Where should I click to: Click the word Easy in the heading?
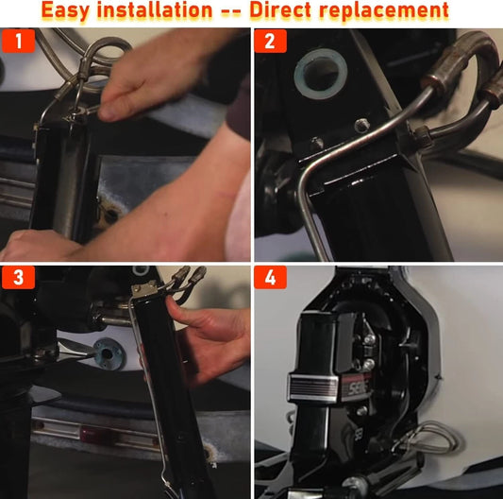click(66, 10)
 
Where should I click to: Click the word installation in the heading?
click(155, 9)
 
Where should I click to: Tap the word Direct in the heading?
click(280, 9)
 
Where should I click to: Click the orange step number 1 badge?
click(18, 41)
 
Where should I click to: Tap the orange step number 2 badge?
click(270, 41)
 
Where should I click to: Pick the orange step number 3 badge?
click(18, 277)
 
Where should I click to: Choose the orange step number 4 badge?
click(270, 277)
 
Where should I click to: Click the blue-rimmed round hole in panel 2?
click(321, 74)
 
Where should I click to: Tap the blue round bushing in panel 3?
click(108, 353)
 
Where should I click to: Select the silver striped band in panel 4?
click(313, 387)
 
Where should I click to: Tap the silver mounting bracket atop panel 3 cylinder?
click(145, 288)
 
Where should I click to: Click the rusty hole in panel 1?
click(110, 215)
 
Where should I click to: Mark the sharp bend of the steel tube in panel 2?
click(305, 174)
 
